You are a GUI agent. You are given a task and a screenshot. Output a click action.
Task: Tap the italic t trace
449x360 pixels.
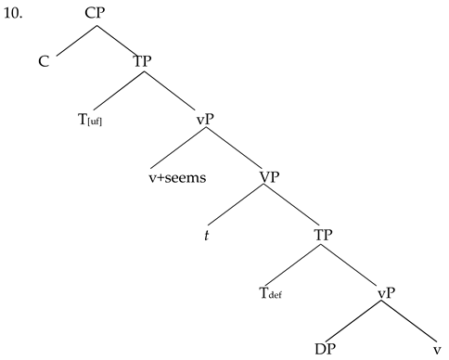pos(208,235)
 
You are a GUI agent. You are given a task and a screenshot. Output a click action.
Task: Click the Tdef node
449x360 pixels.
pos(270,296)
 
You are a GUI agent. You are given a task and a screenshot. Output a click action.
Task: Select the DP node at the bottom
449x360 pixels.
pos(324,350)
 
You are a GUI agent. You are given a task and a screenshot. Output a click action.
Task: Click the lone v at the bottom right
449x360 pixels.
pos(436,350)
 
